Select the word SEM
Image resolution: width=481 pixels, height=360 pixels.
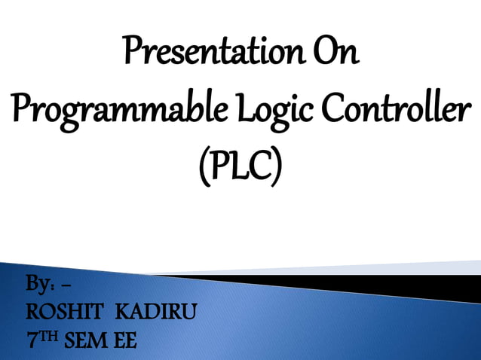87,341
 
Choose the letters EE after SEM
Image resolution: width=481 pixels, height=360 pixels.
125,341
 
